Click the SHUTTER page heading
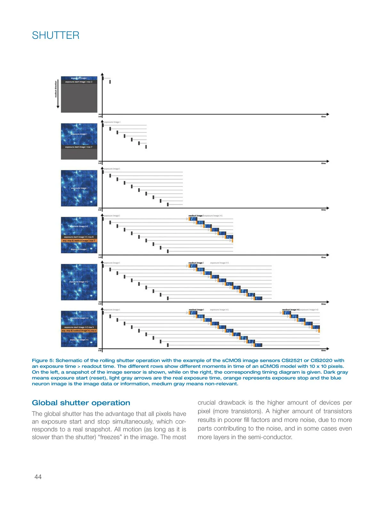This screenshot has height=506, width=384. pos(56,35)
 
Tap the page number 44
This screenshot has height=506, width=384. pos(38,477)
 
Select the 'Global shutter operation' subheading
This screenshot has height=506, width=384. pos(81,403)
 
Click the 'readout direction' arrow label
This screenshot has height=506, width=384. pos(56,89)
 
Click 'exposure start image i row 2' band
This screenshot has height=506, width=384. pos(79,82)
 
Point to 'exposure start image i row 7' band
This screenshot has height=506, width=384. pos(79,147)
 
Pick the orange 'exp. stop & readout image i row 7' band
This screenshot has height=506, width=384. pos(79,241)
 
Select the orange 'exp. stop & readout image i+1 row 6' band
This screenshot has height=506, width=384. pos(79,331)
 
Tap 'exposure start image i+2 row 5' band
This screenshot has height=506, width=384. pos(79,327)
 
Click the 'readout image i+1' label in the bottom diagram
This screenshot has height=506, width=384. pos(291,310)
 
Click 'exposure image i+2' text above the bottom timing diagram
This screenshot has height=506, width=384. pos(309,310)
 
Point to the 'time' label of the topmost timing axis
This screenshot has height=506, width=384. pos(323,117)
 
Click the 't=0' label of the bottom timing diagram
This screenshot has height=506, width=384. pos(100,351)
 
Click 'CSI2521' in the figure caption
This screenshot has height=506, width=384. pos(293,360)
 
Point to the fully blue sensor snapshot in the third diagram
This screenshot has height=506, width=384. pos(79,188)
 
